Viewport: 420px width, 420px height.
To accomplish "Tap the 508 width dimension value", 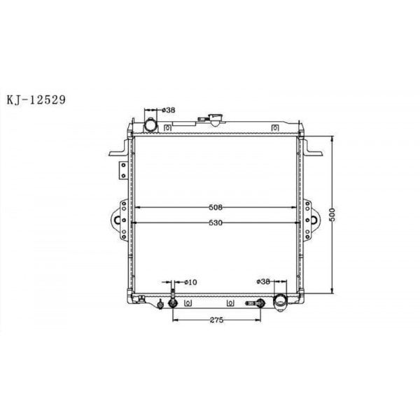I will pyautogui.click(x=215, y=207).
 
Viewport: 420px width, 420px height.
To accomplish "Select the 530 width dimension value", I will pyautogui.click(x=215, y=223).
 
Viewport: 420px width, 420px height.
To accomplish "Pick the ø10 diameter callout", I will pyautogui.click(x=190, y=282).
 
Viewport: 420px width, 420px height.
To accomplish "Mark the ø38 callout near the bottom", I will pyautogui.click(x=263, y=282).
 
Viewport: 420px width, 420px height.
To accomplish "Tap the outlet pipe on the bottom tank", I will pyautogui.click(x=281, y=302).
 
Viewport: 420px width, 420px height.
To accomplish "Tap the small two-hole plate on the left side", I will pyautogui.click(x=122, y=170).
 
